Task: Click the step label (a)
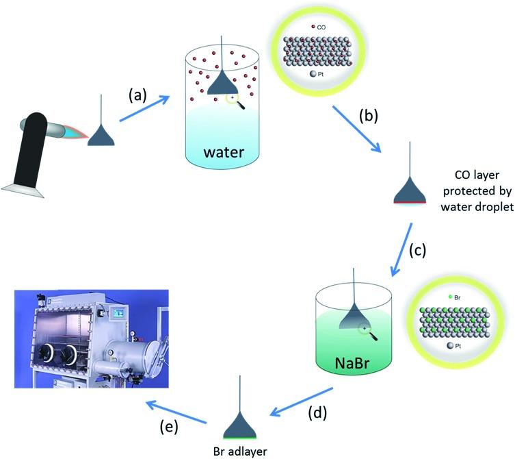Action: tap(137, 95)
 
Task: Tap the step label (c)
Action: tap(417, 250)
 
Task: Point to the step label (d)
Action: tap(317, 412)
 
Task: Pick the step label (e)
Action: tap(169, 427)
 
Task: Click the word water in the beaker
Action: tap(224, 152)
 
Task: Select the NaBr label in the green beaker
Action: tap(352, 363)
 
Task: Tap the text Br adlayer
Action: tap(240, 451)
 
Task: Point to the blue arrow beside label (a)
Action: tap(144, 108)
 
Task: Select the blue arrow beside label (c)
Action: tap(401, 249)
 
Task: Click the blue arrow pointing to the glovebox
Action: tap(176, 412)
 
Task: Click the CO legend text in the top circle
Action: tap(321, 27)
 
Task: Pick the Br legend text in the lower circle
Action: tap(457, 297)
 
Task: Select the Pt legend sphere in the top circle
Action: tap(313, 74)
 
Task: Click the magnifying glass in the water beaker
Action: tap(235, 101)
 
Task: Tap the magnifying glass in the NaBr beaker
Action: tap(368, 332)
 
